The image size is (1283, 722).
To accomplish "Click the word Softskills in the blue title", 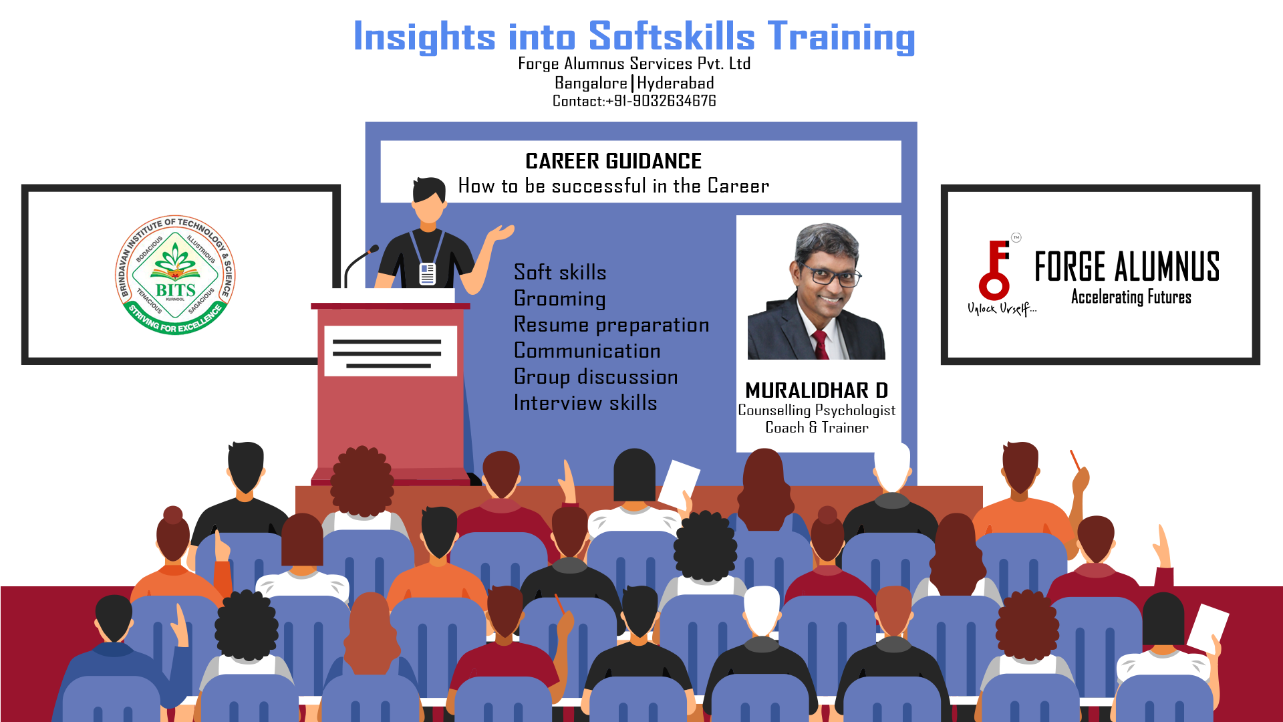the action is coord(671,36).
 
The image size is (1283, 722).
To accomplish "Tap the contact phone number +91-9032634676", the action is coord(660,101).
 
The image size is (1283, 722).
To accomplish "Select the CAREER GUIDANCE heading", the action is coord(613,161).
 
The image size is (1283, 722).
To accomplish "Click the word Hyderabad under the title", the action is coord(676,84).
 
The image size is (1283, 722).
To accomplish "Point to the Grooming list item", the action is coord(560,299).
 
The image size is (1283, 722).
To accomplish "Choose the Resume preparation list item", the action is coord(611,325).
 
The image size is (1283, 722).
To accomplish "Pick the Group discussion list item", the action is coord(596,377).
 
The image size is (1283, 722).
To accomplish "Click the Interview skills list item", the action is coord(585,403).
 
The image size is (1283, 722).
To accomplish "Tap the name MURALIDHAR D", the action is coord(817,390).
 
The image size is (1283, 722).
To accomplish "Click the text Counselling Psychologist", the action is coord(817,410).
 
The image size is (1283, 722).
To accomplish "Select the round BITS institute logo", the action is coord(175,275).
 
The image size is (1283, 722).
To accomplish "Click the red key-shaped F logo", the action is coord(995,270).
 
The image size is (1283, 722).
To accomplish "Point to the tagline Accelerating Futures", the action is coord(1131,297).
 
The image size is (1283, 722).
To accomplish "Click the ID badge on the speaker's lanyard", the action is coord(427,273).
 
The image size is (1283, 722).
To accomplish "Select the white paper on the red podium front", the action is coord(391,351).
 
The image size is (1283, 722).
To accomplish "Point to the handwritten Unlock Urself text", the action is coord(1002,308).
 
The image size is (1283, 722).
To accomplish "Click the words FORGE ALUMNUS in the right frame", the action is coord(1127,267).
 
